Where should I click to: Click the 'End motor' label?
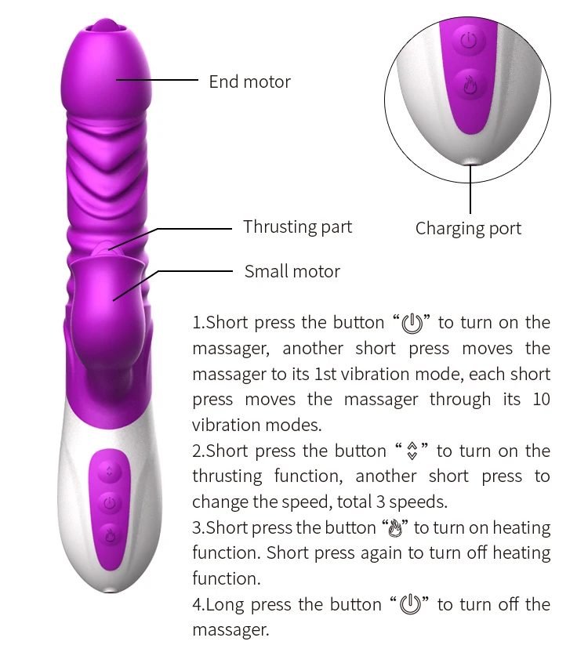[x=249, y=82]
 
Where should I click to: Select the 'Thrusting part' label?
[x=297, y=227]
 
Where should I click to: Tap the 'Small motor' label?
[x=292, y=272]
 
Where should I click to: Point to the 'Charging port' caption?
[x=468, y=229]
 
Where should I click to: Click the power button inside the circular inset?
[x=469, y=41]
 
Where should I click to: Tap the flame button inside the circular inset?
[x=469, y=83]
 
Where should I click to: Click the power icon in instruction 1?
[x=412, y=323]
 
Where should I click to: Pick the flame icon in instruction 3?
[x=396, y=528]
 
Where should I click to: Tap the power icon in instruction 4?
[x=411, y=605]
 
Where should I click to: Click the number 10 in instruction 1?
[x=541, y=400]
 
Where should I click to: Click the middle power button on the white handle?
[x=110, y=502]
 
